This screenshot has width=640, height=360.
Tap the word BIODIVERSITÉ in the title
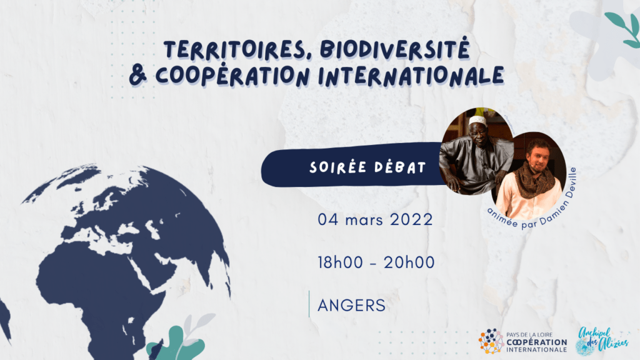pyautogui.click(x=395, y=49)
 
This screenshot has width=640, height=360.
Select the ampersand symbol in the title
pyautogui.click(x=138, y=76)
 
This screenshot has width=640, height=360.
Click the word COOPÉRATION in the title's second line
pyautogui.click(x=232, y=76)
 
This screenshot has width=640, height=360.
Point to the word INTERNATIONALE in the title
pyautogui.click(x=411, y=76)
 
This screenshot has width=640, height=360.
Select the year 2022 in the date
pyautogui.click(x=411, y=219)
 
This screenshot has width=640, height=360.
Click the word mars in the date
pyautogui.click(x=364, y=221)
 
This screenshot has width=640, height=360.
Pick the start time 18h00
pyautogui.click(x=341, y=262)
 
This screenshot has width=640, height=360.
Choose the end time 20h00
pyautogui.click(x=409, y=262)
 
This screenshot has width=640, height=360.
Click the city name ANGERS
pyautogui.click(x=351, y=305)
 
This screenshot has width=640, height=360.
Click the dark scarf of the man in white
pyautogui.click(x=533, y=179)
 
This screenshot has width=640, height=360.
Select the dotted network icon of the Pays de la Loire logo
pyautogui.click(x=491, y=341)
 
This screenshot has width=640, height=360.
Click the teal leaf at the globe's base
pyautogui.click(x=176, y=345)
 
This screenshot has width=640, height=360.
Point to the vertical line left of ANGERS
pyautogui.click(x=309, y=304)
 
